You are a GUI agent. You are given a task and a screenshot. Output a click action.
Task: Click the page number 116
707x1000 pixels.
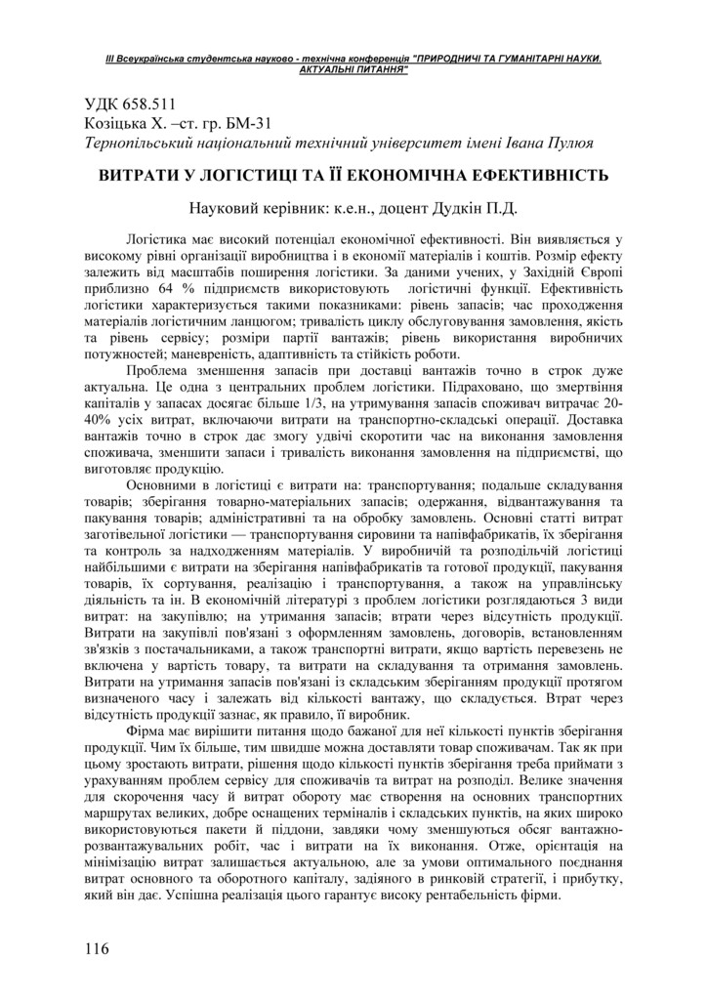point(97,947)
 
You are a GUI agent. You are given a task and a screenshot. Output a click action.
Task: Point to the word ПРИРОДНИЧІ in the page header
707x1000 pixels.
point(462,60)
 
